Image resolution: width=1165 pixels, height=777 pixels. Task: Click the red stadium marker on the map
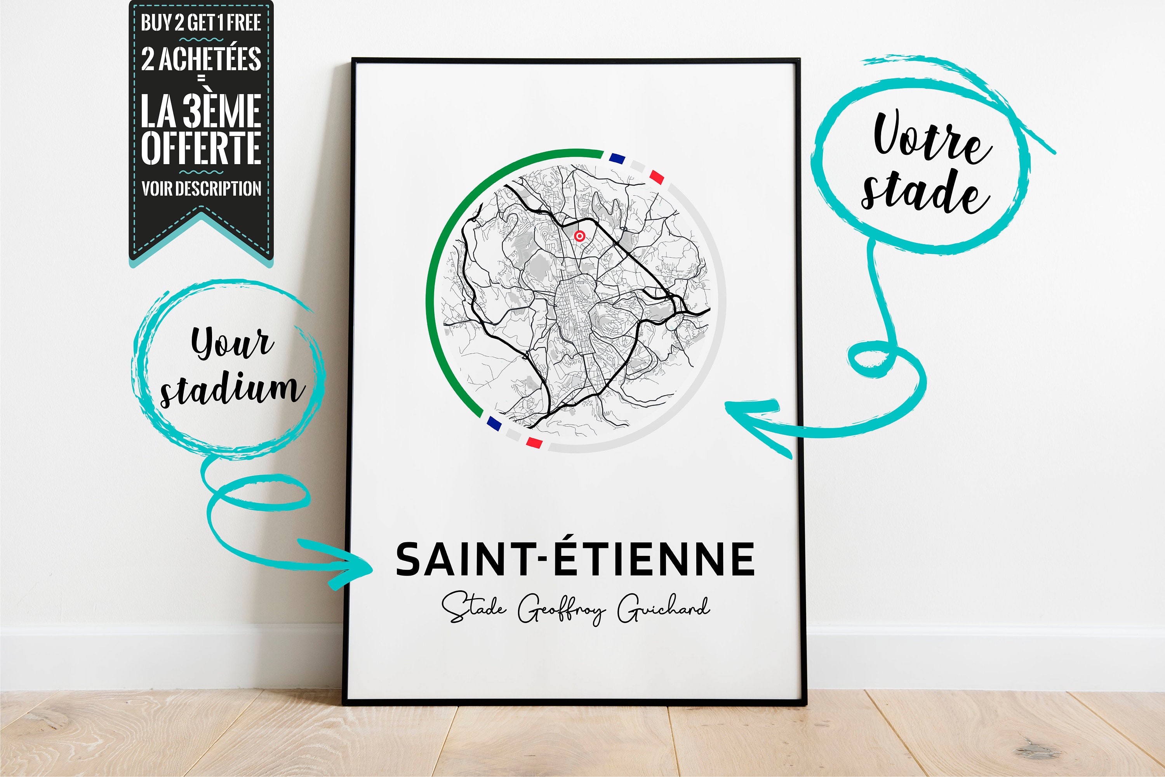click(x=579, y=236)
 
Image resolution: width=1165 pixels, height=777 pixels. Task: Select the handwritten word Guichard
click(x=663, y=609)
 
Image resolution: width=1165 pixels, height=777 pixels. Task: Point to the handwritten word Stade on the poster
click(x=474, y=607)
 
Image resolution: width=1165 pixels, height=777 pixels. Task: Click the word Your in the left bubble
click(x=232, y=342)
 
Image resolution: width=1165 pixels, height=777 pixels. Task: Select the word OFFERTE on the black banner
click(x=201, y=147)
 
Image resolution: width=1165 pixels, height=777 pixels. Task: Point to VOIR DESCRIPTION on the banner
click(x=201, y=189)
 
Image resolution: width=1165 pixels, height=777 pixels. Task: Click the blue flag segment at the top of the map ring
click(x=617, y=159)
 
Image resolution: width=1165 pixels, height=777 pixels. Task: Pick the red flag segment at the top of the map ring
click(x=656, y=177)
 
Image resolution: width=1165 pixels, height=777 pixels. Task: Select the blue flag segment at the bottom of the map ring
click(x=494, y=423)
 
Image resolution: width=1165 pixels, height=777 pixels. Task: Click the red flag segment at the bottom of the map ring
click(x=534, y=442)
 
